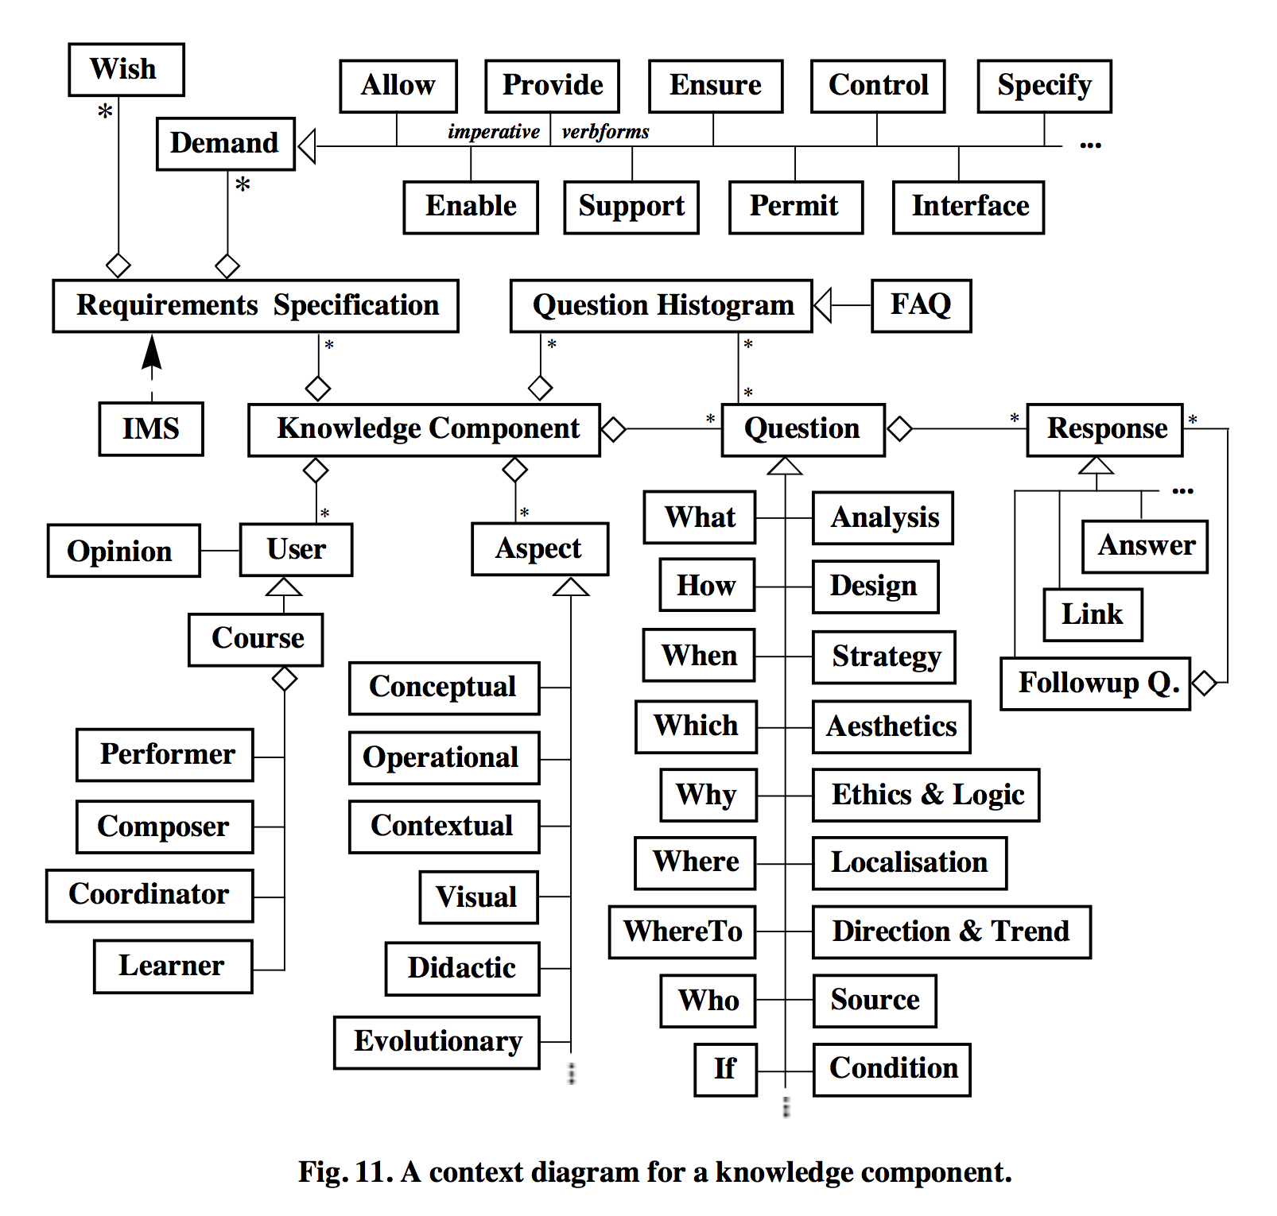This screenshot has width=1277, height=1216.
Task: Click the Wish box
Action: tap(126, 70)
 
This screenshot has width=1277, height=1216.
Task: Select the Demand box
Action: tap(225, 144)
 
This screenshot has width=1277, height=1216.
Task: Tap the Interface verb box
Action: tap(968, 207)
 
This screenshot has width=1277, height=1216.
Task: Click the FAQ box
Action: tap(921, 305)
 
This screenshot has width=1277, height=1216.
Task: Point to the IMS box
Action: tap(151, 429)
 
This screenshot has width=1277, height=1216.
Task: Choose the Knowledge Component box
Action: tap(425, 429)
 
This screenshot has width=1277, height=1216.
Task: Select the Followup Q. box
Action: tap(1095, 684)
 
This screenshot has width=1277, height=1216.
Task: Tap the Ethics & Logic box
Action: tap(926, 795)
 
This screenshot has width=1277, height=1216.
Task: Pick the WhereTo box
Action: tap(682, 931)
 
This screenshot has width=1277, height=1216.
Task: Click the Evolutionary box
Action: tap(437, 1042)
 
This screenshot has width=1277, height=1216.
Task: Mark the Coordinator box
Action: tap(149, 895)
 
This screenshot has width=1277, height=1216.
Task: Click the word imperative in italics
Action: tap(493, 132)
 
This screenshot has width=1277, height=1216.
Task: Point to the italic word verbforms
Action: tap(605, 132)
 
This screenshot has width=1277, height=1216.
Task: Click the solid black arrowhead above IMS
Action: tap(152, 353)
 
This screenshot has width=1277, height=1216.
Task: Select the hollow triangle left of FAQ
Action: tap(823, 305)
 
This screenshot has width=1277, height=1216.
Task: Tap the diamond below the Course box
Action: tap(284, 679)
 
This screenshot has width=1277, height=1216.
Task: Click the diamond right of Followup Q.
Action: tap(1205, 683)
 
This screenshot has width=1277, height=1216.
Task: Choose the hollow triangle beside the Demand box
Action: tap(307, 146)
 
